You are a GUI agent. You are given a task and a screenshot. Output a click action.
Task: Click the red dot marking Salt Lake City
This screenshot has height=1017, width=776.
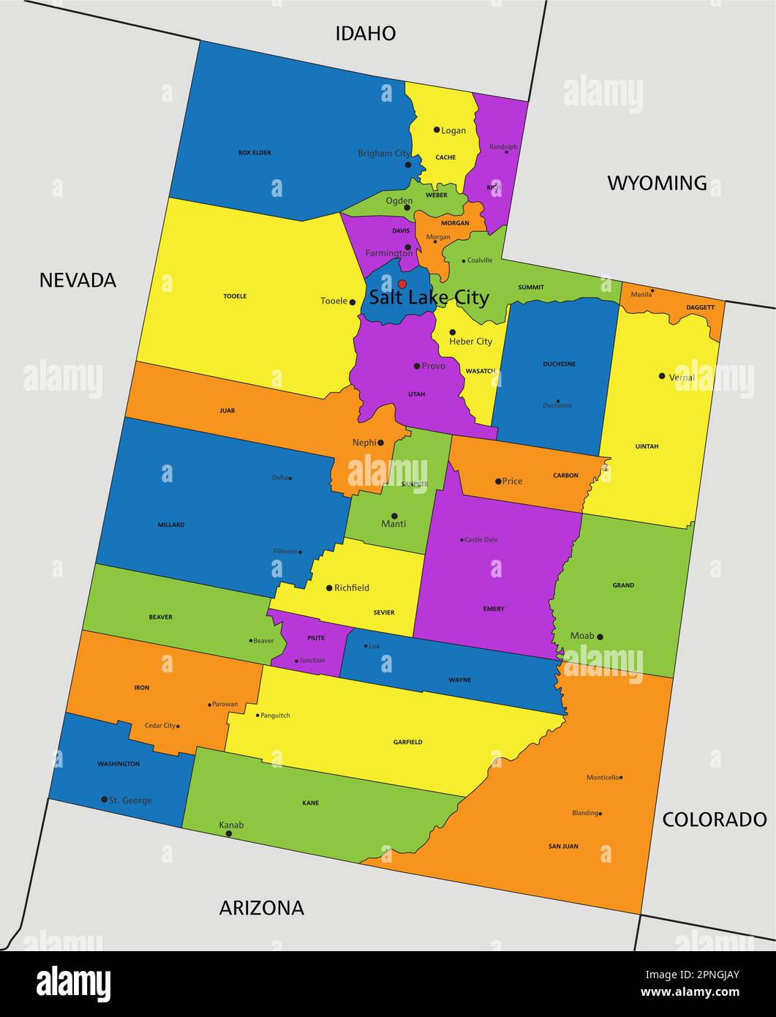(x=402, y=284)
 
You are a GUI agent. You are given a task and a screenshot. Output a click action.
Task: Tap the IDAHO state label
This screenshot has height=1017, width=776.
(x=365, y=33)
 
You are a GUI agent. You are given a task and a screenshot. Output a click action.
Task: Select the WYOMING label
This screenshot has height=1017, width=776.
(x=657, y=183)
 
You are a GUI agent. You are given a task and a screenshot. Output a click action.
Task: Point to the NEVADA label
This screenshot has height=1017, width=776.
(x=78, y=280)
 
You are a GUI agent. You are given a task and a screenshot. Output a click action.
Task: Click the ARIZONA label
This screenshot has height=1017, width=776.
(x=261, y=908)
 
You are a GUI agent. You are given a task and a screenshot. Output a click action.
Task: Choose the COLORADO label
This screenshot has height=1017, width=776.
(x=714, y=819)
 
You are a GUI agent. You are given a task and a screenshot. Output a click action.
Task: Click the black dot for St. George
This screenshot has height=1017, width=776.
(x=104, y=799)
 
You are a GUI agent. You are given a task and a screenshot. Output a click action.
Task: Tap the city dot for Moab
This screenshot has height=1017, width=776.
(x=600, y=637)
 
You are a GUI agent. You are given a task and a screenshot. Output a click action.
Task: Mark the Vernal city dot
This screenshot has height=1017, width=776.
(x=662, y=376)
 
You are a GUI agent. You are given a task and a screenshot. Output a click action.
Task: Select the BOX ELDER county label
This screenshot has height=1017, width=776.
(x=255, y=153)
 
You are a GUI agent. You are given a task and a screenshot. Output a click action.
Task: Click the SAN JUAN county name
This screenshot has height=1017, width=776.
(x=563, y=847)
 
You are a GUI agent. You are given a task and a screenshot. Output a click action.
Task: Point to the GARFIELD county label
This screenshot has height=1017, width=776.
(x=407, y=742)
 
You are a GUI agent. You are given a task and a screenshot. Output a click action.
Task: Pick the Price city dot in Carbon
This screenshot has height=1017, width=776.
(x=498, y=481)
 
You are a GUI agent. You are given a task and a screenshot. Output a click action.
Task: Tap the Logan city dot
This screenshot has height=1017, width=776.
(x=437, y=130)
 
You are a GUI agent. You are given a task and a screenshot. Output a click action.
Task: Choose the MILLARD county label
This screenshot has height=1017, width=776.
(x=170, y=525)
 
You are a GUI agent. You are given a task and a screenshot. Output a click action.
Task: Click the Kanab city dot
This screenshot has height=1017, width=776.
(x=229, y=833)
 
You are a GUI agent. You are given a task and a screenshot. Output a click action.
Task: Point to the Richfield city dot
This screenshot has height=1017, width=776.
(x=329, y=588)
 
